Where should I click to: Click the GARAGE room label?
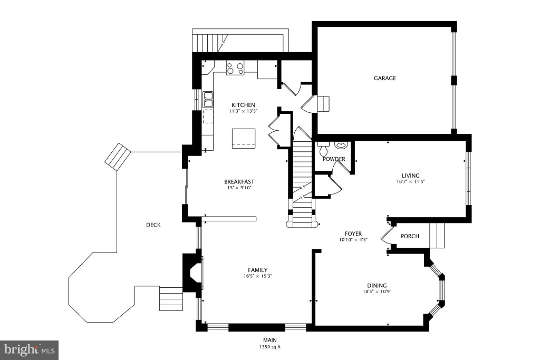click(x=384, y=78)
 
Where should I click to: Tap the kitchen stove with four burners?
click(x=235, y=68)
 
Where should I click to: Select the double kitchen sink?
click(x=208, y=100)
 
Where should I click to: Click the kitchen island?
click(x=244, y=138)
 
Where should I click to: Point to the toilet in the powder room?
click(x=324, y=148)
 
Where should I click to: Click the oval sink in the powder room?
click(x=341, y=145)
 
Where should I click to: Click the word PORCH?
click(x=410, y=236)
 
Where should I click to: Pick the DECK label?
click(x=153, y=225)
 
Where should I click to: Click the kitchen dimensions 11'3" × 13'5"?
click(x=243, y=111)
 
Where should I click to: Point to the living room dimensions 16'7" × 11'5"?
click(x=410, y=181)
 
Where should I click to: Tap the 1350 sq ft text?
click(x=270, y=347)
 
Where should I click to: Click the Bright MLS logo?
click(x=30, y=351)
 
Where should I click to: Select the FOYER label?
click(x=353, y=233)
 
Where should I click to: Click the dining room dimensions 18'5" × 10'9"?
click(x=377, y=291)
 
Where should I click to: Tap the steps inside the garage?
click(x=323, y=104)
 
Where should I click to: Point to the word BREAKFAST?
click(x=239, y=182)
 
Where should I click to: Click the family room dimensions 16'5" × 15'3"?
click(x=257, y=276)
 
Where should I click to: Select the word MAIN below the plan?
click(x=270, y=340)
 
